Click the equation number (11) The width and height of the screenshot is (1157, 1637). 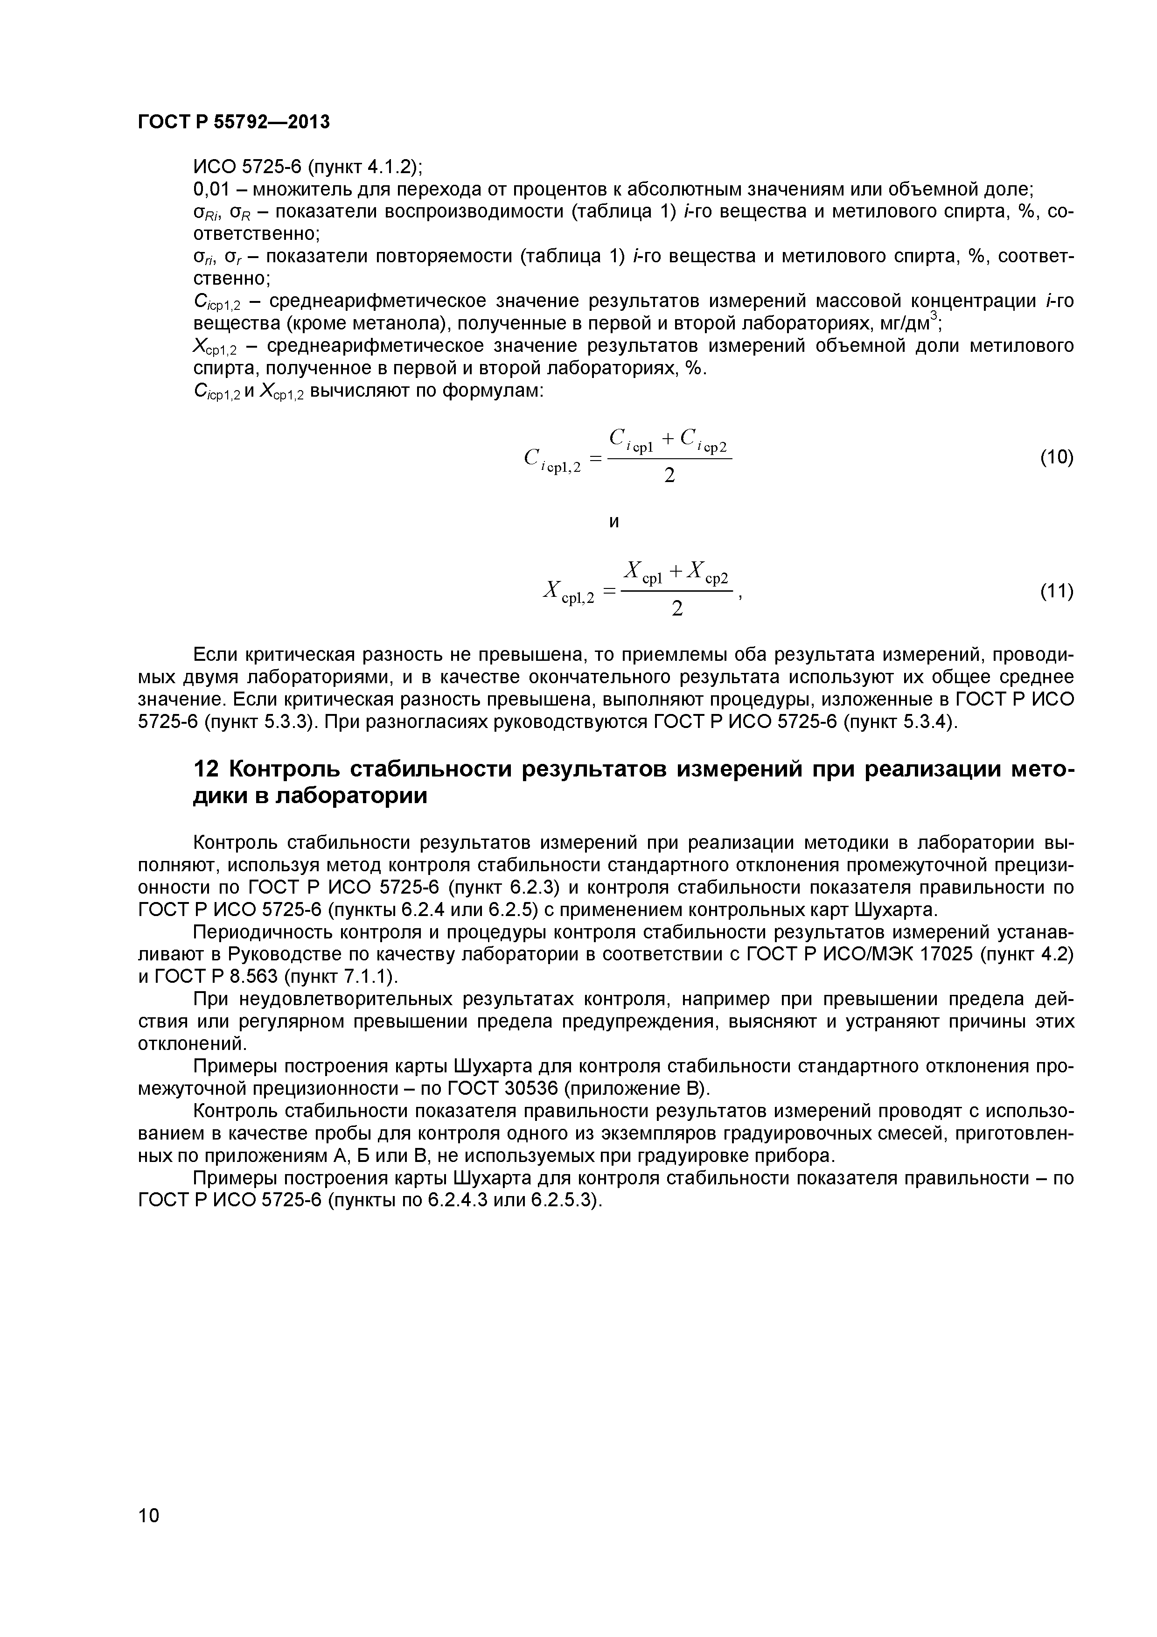pyautogui.click(x=1056, y=591)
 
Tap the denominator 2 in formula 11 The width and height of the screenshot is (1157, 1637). pyautogui.click(x=677, y=609)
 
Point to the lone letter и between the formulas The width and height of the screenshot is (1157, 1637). pyautogui.click(x=614, y=523)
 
